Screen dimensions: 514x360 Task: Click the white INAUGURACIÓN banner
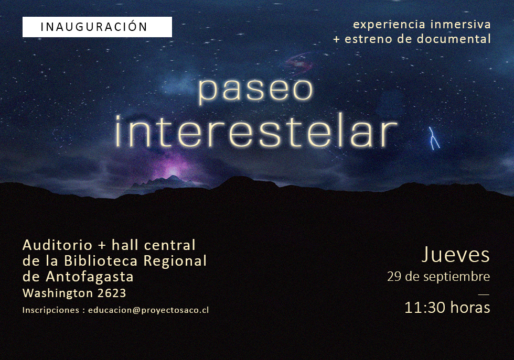(97, 27)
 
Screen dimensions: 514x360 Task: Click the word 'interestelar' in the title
(256, 130)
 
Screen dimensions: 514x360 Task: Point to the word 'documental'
(454, 39)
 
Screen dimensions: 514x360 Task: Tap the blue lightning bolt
(434, 138)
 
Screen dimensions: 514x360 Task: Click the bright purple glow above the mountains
(173, 171)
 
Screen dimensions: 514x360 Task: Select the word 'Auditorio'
(57, 245)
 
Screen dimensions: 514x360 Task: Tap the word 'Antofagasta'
(90, 277)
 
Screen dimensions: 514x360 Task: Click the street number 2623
(112, 293)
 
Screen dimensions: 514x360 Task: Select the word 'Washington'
(58, 293)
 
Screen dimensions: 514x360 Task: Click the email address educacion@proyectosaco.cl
(148, 310)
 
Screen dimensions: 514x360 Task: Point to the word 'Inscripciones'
(51, 310)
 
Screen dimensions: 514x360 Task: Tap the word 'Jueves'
(456, 255)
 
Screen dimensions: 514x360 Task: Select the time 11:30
(425, 308)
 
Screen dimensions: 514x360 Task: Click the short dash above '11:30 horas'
(484, 294)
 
